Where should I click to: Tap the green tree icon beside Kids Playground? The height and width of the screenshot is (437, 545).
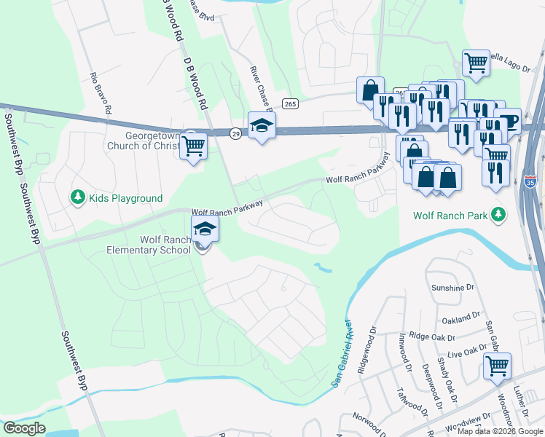point(77,197)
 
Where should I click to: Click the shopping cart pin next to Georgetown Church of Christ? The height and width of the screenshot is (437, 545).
point(193,146)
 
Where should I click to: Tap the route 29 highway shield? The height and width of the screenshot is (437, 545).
point(235,133)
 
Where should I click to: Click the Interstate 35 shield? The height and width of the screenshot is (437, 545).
point(530,178)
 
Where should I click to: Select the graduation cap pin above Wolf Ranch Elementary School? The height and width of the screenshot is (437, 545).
point(205,229)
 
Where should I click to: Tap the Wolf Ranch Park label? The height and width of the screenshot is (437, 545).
point(450,216)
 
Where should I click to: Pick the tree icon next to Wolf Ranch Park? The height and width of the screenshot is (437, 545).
point(498,214)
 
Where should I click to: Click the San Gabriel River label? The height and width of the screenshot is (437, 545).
point(342,353)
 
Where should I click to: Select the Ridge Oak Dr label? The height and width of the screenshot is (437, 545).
point(432,337)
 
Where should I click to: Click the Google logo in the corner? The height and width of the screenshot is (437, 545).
point(24,428)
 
